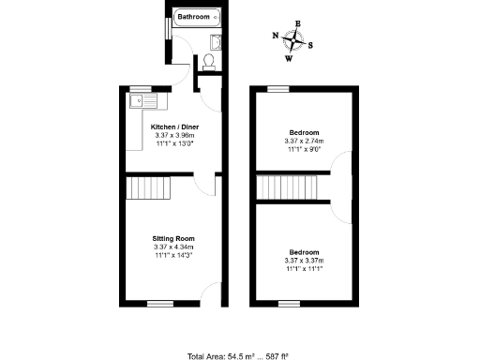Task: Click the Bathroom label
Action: pos(194,17)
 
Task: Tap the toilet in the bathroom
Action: pos(208,61)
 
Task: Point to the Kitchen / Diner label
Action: pos(174,127)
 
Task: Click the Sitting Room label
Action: pos(173,238)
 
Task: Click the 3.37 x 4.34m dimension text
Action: pos(173,247)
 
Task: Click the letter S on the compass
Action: pos(311,44)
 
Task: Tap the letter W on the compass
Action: pos(289,57)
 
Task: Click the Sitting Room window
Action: pos(160,303)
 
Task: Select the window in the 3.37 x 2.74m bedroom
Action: pos(277,88)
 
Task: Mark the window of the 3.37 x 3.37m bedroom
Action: pos(290,303)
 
